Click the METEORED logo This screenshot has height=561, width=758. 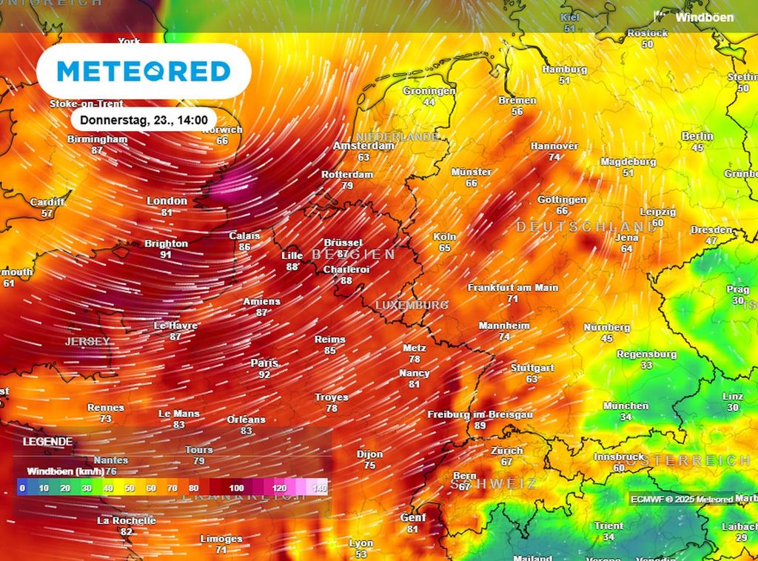[x=144, y=71]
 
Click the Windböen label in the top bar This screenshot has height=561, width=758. [x=704, y=17]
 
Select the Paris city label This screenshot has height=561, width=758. [x=264, y=363]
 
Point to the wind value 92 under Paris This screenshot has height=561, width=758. [x=264, y=374]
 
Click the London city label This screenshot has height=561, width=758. [x=167, y=201]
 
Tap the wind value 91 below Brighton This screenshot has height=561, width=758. [x=166, y=255]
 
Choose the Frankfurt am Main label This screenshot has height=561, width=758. [x=513, y=287]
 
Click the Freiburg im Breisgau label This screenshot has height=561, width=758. [x=480, y=415]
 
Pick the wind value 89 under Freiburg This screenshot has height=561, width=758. [x=480, y=426]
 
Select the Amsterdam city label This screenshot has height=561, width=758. [x=363, y=147]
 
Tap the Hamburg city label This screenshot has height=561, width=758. [x=565, y=70]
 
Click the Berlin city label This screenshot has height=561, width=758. [x=697, y=136]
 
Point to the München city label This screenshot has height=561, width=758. [x=625, y=406]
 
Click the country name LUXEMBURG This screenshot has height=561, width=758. [x=412, y=305]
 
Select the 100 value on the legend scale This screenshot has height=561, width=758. [x=237, y=488]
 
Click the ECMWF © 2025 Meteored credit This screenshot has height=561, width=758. [x=682, y=500]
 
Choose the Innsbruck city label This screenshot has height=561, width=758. [x=619, y=457]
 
